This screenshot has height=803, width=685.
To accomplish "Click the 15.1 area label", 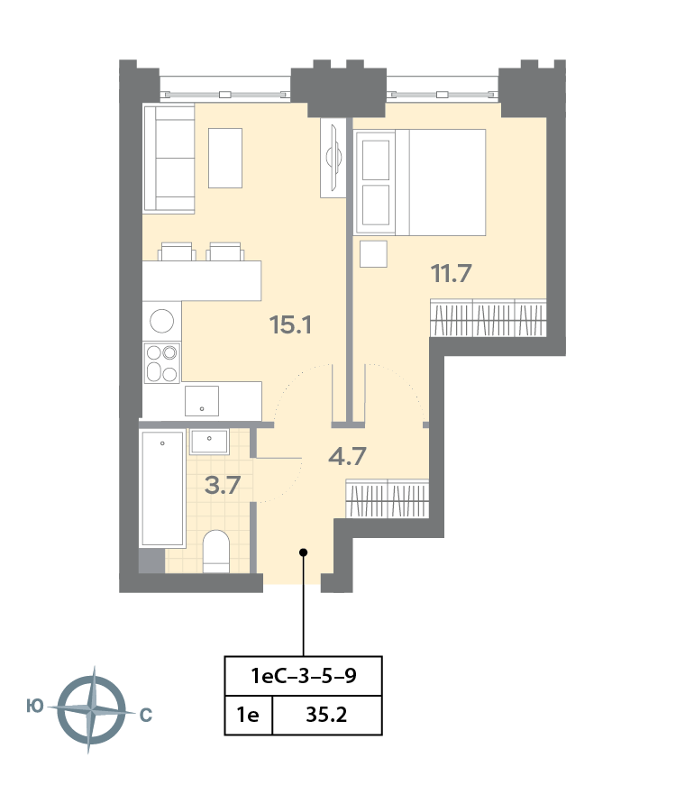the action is tap(290, 324).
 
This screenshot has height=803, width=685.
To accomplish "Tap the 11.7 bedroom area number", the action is tap(451, 273).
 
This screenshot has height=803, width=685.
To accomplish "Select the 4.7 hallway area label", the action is tap(347, 456).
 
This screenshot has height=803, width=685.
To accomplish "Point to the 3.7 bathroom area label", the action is tap(223, 485).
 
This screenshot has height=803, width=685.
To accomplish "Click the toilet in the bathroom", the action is tap(215, 552).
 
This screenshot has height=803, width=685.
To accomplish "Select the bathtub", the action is tap(162, 488).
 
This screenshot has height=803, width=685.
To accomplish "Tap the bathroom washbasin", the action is tap(209, 442).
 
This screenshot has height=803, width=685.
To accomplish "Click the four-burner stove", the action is tap(162, 362).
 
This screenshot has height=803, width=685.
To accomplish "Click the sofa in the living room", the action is tap(169, 159).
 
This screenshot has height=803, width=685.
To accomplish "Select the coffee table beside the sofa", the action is tap(225, 158).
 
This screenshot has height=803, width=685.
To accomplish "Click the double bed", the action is tap(420, 182).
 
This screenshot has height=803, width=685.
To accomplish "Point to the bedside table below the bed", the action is tap(373, 254).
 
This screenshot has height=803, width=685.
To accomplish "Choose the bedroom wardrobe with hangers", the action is tap(489, 317).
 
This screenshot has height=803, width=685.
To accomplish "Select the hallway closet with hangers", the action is tap(388, 498).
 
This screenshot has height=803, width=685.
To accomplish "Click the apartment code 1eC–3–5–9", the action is tap(304, 676).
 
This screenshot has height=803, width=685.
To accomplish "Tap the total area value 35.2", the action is tap(326, 715).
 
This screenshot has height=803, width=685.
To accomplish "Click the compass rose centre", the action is tap(92, 710).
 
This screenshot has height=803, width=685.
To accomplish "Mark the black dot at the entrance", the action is tap(304, 552).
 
